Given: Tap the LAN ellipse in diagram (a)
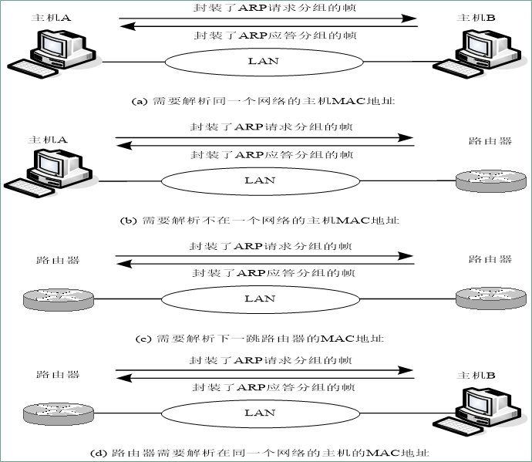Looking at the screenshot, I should pos(263,61).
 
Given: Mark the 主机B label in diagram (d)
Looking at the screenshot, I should pos(476,376).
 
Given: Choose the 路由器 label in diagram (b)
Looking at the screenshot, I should pos(490,141).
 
